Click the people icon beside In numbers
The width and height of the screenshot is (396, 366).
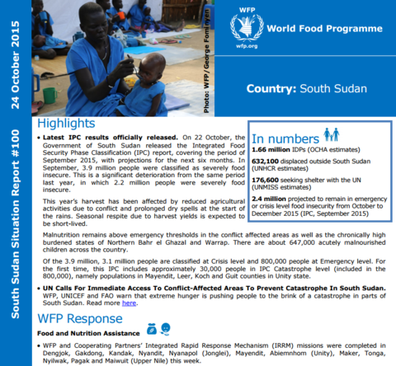[x=331, y=134]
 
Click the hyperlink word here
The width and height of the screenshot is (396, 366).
[x=129, y=303]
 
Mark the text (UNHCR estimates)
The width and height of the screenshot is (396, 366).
[x=286, y=171]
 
